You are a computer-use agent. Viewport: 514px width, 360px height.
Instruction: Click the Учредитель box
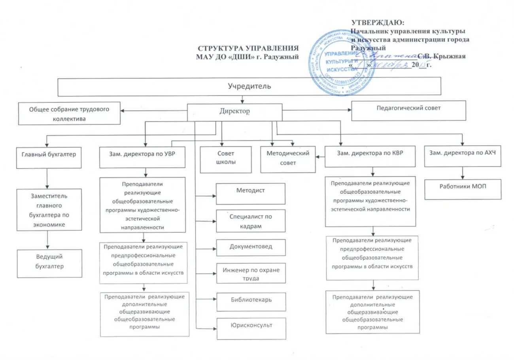pos(249,87)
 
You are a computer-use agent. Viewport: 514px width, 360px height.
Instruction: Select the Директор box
pos(234,112)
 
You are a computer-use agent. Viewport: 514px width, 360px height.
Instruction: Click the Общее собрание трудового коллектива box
pos(69,114)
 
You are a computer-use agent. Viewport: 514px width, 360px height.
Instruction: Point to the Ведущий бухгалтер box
pos(49,262)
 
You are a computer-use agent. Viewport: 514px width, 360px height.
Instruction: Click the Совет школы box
pos(226,159)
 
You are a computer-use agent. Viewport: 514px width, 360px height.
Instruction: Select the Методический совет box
pos(288,159)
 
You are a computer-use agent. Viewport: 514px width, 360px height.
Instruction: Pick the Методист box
pos(251,194)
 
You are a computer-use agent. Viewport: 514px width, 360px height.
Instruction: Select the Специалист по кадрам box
pos(251,221)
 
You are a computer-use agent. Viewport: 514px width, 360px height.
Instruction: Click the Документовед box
pos(251,247)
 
